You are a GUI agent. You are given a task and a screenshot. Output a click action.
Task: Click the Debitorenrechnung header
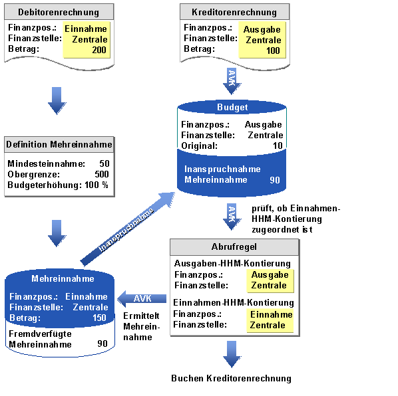tap(59, 12)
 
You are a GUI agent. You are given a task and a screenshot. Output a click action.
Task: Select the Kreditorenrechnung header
tap(234, 12)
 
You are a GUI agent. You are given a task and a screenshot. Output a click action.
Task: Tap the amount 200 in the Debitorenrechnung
tap(99, 50)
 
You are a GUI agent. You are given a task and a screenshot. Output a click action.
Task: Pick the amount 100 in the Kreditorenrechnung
tap(273, 50)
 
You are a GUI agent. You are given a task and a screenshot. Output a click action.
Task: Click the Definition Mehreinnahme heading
tap(59, 144)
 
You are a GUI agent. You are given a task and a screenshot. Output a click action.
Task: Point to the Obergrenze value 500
tap(102, 174)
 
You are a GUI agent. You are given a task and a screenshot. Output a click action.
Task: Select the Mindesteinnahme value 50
tap(104, 163)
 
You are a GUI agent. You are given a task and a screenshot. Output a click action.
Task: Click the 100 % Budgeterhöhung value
tap(97, 185)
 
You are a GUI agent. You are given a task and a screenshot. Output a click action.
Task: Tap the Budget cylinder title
tap(232, 107)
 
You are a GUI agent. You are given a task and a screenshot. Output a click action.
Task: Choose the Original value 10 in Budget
tap(278, 146)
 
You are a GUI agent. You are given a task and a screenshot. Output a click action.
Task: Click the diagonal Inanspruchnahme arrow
tap(127, 229)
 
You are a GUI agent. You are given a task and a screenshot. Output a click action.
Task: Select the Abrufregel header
tap(234, 247)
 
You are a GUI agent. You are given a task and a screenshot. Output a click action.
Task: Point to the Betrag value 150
tap(99, 318)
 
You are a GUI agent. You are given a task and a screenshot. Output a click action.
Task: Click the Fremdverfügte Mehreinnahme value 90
tap(102, 344)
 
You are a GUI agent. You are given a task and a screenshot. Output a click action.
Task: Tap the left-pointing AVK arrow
tap(142, 299)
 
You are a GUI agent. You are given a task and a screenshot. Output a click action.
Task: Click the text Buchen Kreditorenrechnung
tap(231, 378)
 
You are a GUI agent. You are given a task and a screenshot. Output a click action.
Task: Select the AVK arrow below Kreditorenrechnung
tap(232, 81)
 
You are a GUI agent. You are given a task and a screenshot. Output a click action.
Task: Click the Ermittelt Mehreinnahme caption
tap(141, 327)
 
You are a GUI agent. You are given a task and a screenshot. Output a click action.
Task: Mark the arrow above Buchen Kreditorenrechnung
tap(232, 354)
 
